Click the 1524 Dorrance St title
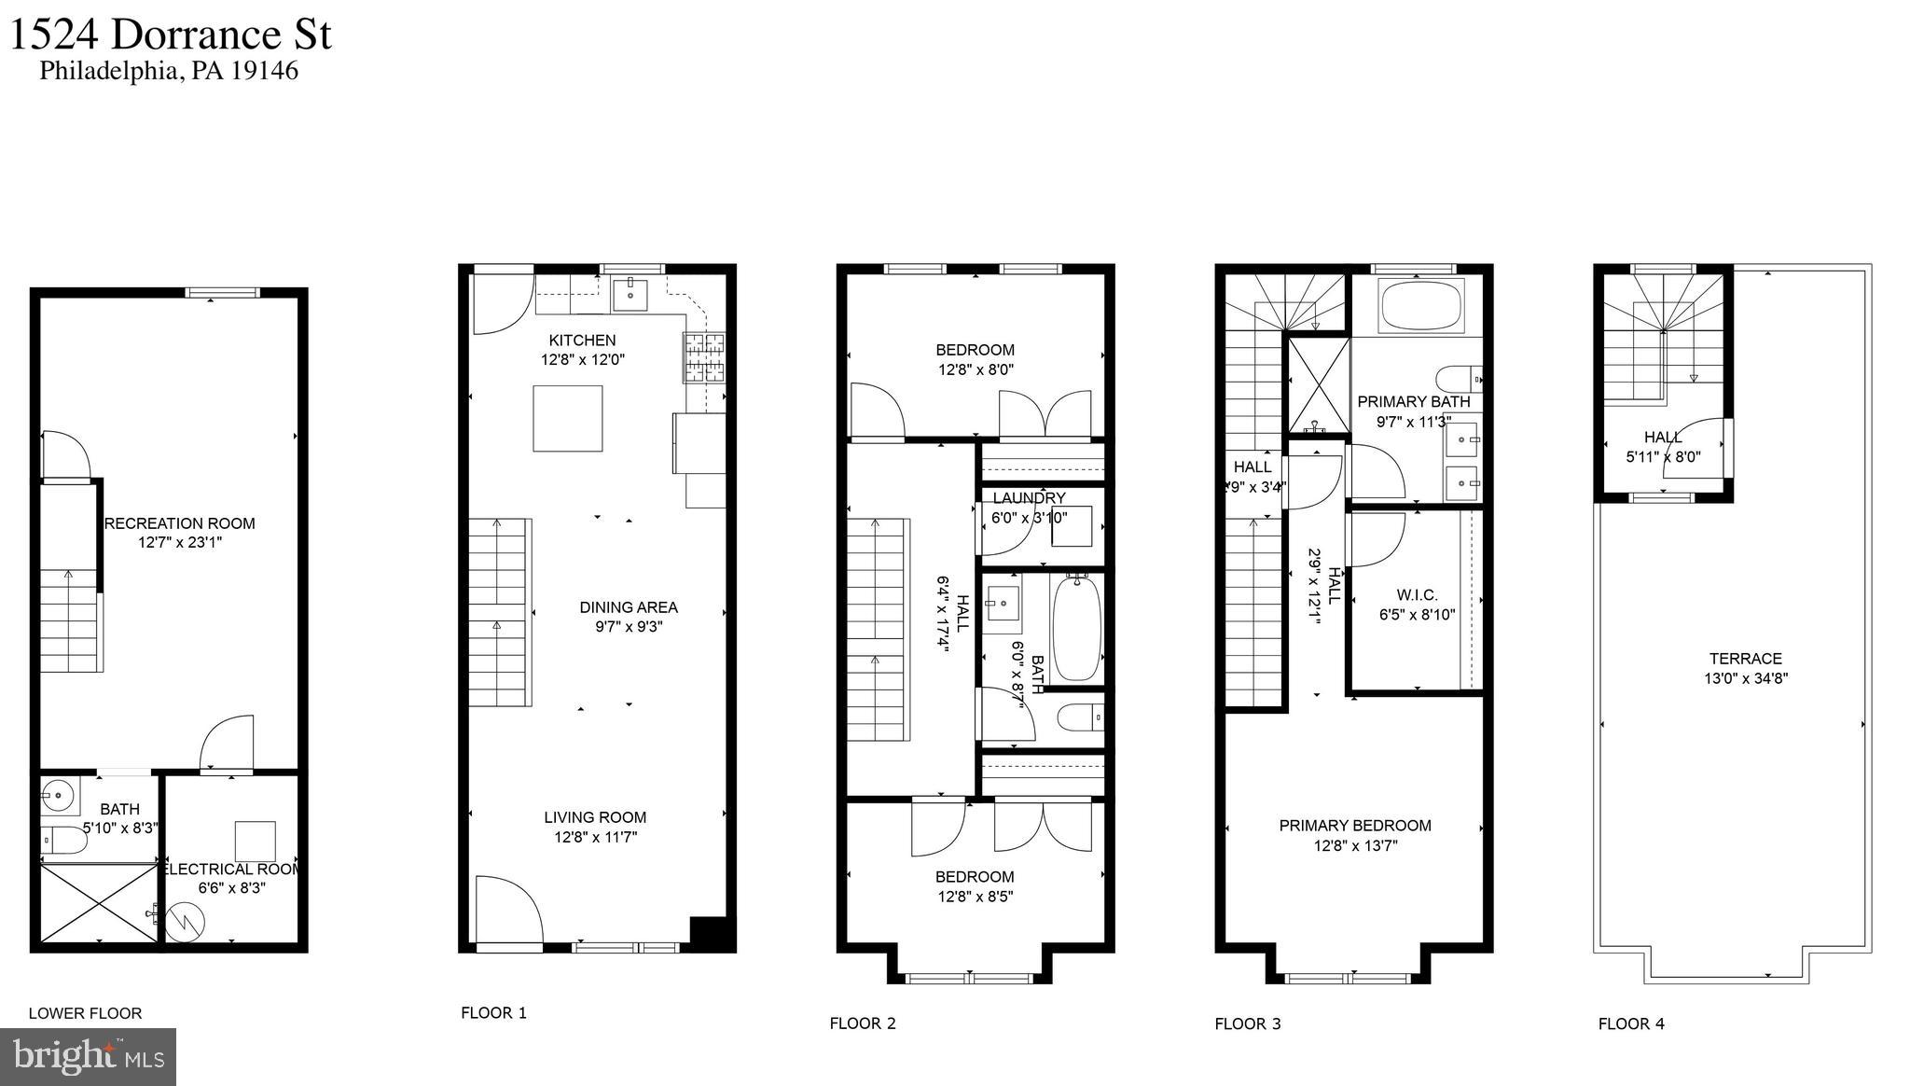[171, 35]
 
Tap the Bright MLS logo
[89, 1056]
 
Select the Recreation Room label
[179, 523]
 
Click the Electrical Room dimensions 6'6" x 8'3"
[232, 888]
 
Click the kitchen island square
[567, 418]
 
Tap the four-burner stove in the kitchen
[703, 358]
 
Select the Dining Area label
[628, 607]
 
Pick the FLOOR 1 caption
[493, 1012]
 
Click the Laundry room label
[1028, 498]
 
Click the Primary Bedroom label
[1354, 826]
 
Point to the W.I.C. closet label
[1417, 595]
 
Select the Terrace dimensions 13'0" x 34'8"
[1745, 678]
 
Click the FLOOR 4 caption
[1630, 1023]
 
